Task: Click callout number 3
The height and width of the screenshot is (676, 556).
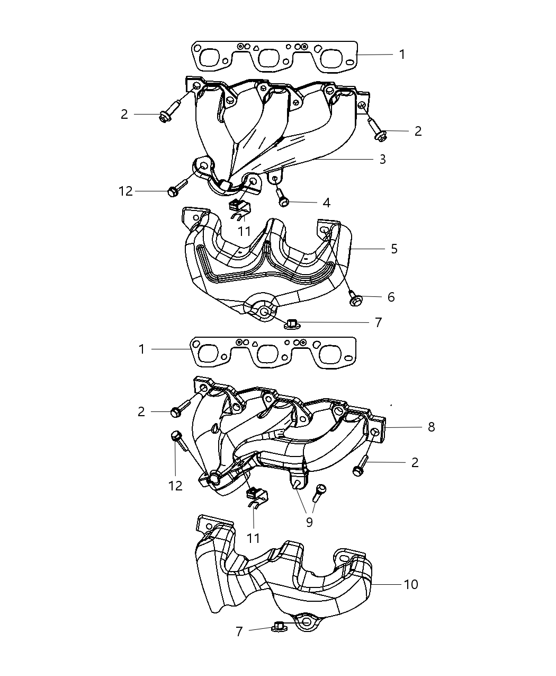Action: click(382, 159)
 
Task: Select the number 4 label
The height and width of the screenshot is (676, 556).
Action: click(326, 203)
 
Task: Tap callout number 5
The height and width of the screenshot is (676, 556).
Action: click(393, 249)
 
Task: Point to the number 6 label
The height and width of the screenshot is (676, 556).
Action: click(391, 297)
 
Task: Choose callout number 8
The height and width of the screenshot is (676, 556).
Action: click(431, 427)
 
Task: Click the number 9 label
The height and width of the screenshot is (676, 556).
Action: click(309, 522)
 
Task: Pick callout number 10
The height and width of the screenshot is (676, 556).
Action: click(410, 584)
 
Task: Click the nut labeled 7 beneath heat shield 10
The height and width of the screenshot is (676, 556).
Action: click(278, 627)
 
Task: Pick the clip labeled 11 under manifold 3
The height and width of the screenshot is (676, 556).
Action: click(238, 207)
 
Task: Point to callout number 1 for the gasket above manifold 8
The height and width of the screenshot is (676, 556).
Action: click(141, 349)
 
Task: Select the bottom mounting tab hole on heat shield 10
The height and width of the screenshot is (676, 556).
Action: click(307, 621)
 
